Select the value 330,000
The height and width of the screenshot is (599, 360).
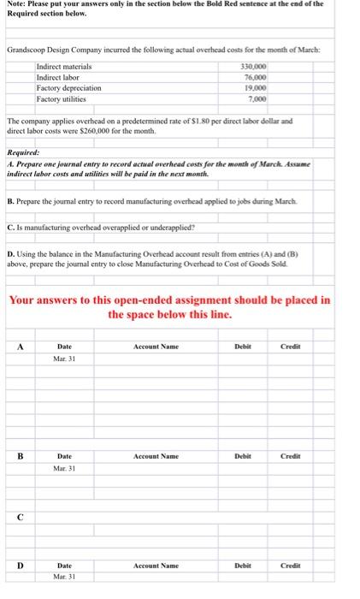point(256,66)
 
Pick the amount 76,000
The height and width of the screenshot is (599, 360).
point(257,77)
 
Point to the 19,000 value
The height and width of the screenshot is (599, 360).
point(257,88)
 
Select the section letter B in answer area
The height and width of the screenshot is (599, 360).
point(18,456)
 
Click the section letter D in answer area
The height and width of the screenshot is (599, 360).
point(18,565)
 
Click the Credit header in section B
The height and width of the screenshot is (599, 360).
point(290,456)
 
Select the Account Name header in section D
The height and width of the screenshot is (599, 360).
point(156,565)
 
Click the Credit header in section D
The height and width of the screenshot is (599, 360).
point(290,565)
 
